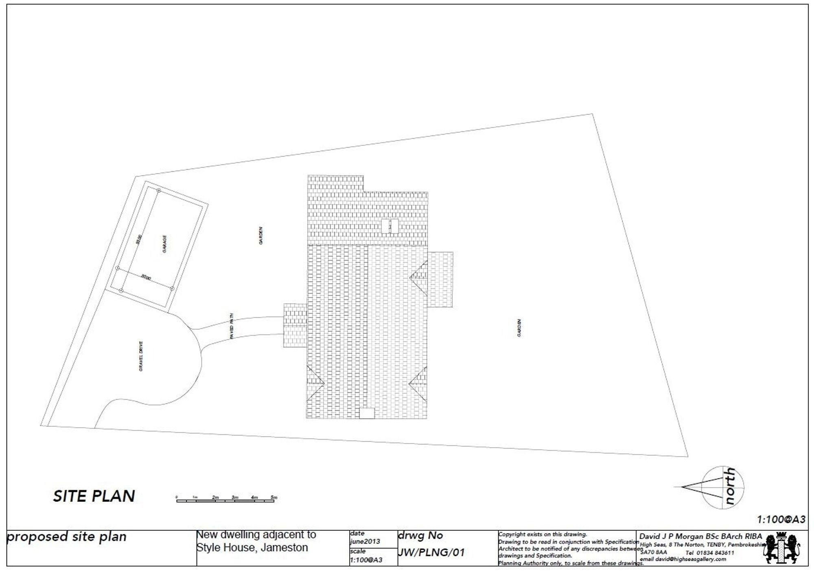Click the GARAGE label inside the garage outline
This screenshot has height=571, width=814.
(164, 244)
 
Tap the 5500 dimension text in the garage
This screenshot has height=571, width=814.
(139, 239)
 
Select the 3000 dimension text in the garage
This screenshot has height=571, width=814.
(146, 278)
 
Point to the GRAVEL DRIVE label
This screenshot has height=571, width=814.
(141, 356)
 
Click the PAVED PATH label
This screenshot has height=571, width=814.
(232, 326)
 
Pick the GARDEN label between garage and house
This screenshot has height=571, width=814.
(260, 236)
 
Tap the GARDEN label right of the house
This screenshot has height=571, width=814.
(519, 328)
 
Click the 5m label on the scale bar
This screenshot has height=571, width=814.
(274, 497)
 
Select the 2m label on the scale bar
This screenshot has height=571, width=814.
(215, 497)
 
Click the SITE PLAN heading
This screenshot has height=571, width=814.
(94, 496)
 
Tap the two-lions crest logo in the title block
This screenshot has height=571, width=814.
(781, 548)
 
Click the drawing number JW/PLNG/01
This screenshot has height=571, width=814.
(431, 552)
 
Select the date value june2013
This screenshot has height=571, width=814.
(365, 541)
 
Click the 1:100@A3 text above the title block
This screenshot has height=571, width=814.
(781, 520)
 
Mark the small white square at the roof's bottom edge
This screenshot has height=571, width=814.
(367, 413)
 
